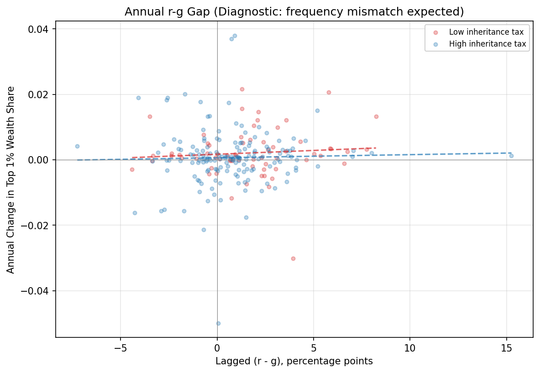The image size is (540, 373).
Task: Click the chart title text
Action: (294, 12)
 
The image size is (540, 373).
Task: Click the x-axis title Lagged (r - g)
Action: (294, 362)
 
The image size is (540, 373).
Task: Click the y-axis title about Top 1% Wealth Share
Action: (11, 179)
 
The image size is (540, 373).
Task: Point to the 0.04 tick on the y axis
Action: (40, 29)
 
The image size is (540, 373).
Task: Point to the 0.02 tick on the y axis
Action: (40, 95)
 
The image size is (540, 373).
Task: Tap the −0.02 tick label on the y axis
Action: (37, 226)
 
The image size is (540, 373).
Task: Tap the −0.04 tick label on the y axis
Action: (37, 291)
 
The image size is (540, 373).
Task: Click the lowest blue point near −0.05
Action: (218, 323)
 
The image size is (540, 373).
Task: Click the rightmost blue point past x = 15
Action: (511, 156)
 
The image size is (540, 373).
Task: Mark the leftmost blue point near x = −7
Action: (77, 146)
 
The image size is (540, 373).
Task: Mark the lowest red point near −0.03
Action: (293, 258)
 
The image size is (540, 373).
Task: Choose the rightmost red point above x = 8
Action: (376, 116)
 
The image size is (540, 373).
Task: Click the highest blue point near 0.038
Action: (235, 36)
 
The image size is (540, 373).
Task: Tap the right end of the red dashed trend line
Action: (376, 148)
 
